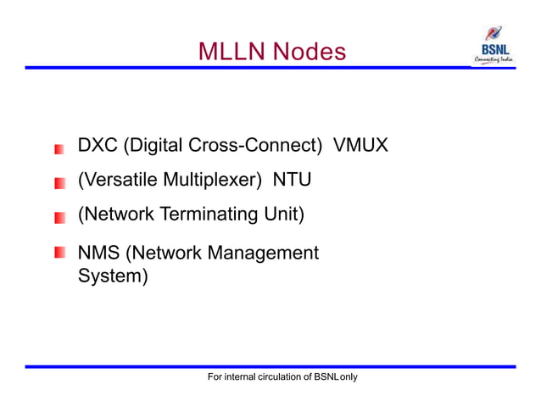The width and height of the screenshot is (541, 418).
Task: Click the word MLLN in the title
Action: pyautogui.click(x=227, y=53)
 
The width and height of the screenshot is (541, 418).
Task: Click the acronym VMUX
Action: pyautogui.click(x=360, y=146)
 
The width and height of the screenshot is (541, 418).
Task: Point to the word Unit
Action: pyautogui.click(x=281, y=215)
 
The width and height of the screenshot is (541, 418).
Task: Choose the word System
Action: pyautogui.click(x=111, y=276)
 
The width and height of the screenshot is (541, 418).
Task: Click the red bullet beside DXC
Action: pyautogui.click(x=59, y=149)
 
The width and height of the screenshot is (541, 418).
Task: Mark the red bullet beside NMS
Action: pyautogui.click(x=59, y=254)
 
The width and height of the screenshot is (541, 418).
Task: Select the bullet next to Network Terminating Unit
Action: pyautogui.click(x=59, y=218)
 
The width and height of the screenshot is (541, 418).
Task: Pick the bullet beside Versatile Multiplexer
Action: pyautogui.click(x=59, y=183)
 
